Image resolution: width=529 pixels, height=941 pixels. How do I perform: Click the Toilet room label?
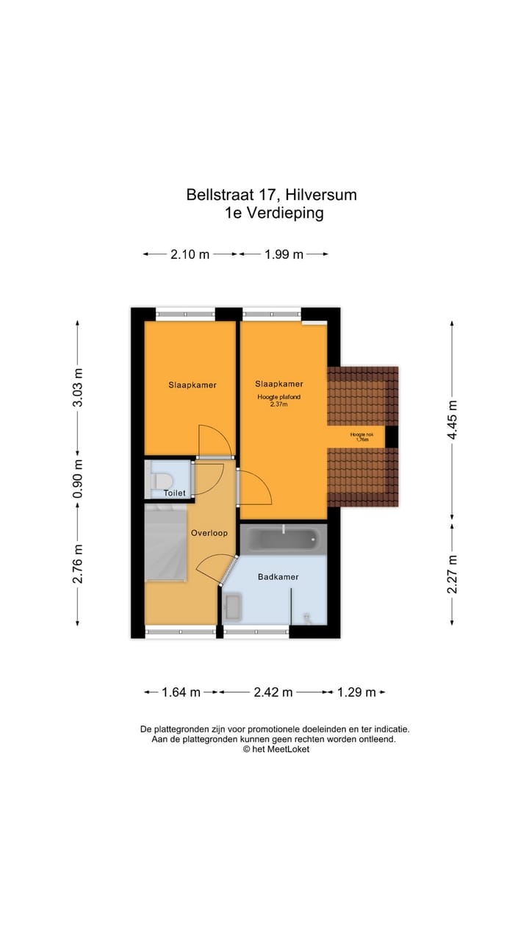[175, 493]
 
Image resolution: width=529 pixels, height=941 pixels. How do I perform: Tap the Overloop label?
[209, 533]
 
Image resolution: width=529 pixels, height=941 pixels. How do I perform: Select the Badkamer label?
[278, 577]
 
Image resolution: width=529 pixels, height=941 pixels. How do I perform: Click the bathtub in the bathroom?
[283, 540]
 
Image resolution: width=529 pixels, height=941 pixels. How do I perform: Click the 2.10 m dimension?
[190, 254]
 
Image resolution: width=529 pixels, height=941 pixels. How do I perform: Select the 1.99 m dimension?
[283, 254]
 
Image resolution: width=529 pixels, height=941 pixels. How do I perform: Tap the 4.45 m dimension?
[453, 420]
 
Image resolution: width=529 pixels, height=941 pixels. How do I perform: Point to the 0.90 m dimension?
[78, 479]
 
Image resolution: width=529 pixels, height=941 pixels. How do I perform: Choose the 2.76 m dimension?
[78, 564]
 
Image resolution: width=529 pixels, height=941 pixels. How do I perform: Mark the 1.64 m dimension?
[181, 692]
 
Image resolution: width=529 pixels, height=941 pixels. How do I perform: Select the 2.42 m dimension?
[273, 692]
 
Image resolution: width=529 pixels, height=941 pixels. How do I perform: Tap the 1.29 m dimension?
[356, 692]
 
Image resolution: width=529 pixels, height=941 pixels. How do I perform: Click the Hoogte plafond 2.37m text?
[278, 401]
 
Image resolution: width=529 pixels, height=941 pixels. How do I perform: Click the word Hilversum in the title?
[320, 195]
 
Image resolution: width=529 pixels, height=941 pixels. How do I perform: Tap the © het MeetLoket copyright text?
[276, 749]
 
